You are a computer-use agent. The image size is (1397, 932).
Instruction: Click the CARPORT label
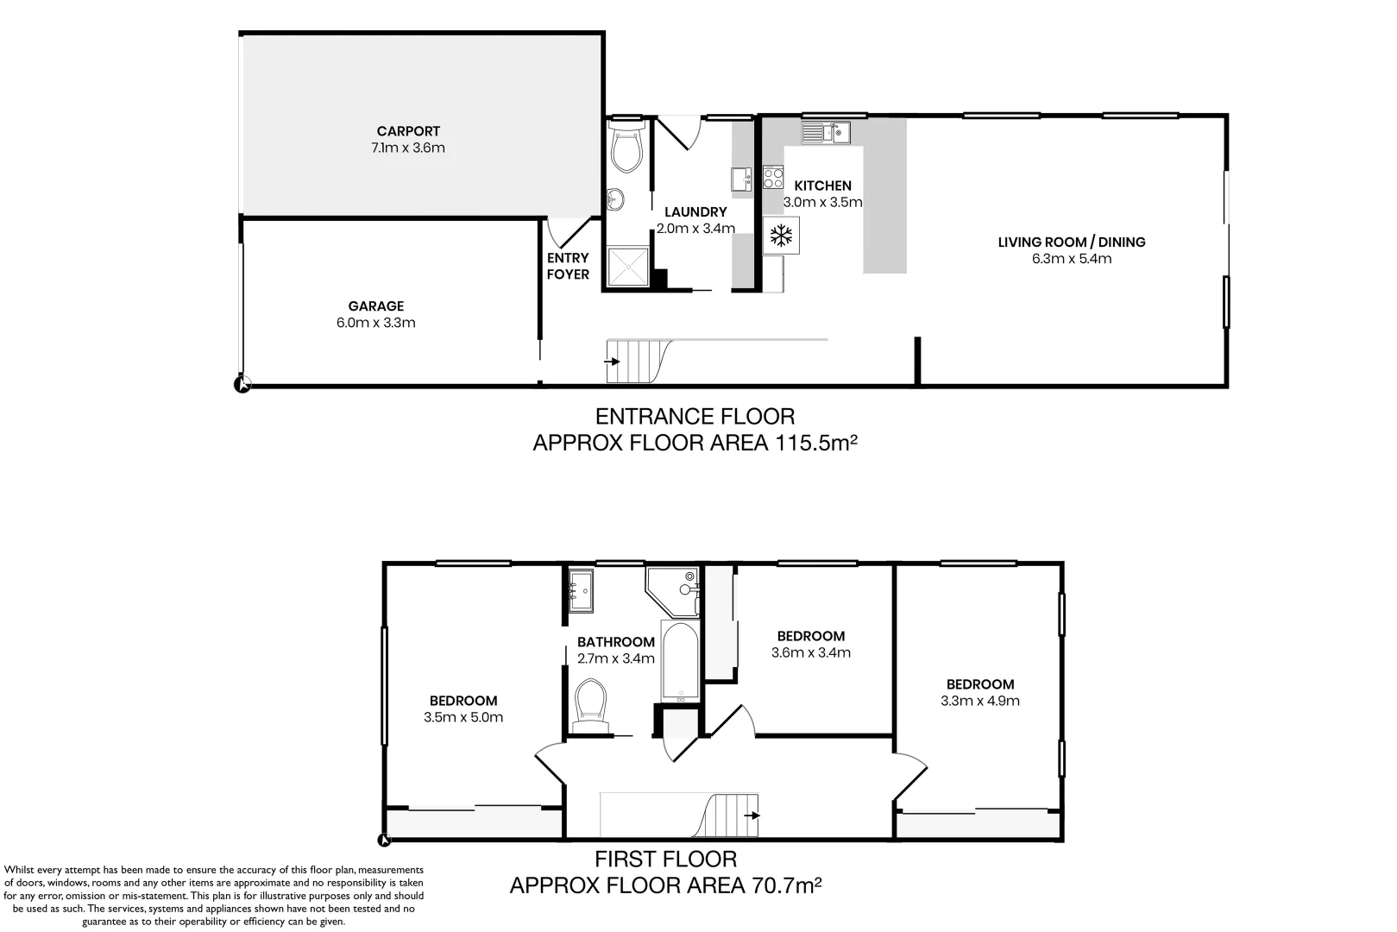[408, 131]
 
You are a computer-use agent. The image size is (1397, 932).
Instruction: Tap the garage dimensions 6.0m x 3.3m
[376, 323]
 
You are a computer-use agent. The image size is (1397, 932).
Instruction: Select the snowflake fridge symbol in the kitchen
[782, 235]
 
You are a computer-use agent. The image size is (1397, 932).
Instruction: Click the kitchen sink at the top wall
[826, 132]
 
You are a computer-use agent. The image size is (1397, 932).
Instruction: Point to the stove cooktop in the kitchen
[773, 179]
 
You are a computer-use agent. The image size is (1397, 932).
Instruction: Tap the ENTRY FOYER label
[568, 266]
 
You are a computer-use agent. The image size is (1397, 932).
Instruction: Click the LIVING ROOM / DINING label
[1072, 242]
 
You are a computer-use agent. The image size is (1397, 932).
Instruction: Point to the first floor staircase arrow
[752, 815]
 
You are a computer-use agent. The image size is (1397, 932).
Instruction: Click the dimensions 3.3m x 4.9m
[980, 701]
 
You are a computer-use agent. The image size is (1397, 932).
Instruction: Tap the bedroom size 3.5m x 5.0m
[463, 717]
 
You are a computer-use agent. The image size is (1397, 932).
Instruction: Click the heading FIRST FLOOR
[666, 859]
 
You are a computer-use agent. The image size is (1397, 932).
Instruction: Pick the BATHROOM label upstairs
[616, 642]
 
